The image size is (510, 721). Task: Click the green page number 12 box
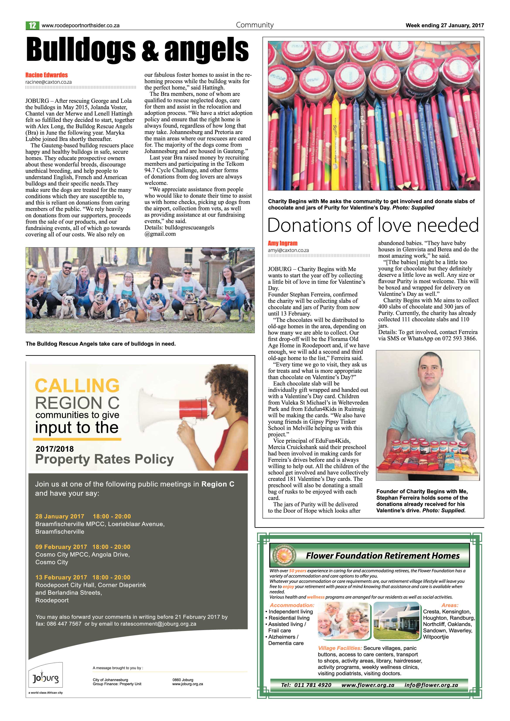point(32,26)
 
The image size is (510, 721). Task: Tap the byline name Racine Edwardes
point(46,75)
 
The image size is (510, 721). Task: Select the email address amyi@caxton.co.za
point(288,250)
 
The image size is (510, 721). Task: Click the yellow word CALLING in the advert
point(77,386)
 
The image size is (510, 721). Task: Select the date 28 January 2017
point(60,516)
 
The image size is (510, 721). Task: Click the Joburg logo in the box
point(46,679)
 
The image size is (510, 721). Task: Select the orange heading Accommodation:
point(292,605)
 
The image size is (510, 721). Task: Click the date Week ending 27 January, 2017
point(444,26)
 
